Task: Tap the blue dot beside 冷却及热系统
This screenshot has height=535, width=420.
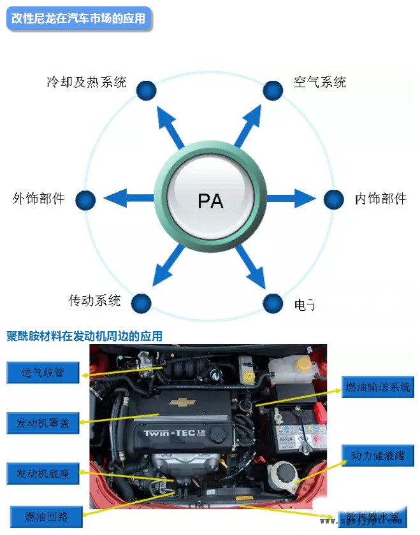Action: coord(147,90)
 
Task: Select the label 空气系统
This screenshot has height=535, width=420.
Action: coord(320,82)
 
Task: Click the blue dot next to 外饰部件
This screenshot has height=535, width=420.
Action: coord(85,200)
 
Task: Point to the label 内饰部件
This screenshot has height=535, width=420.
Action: coord(380,199)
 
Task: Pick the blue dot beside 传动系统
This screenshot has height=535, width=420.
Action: coord(141,303)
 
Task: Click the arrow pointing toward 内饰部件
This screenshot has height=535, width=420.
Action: coord(291,199)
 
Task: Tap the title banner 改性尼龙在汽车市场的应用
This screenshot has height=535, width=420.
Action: coord(79,18)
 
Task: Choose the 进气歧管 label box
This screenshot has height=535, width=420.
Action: coord(43,373)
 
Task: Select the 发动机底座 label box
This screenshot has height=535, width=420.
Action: coord(43,474)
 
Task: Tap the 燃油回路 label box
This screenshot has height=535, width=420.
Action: coord(47,515)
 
